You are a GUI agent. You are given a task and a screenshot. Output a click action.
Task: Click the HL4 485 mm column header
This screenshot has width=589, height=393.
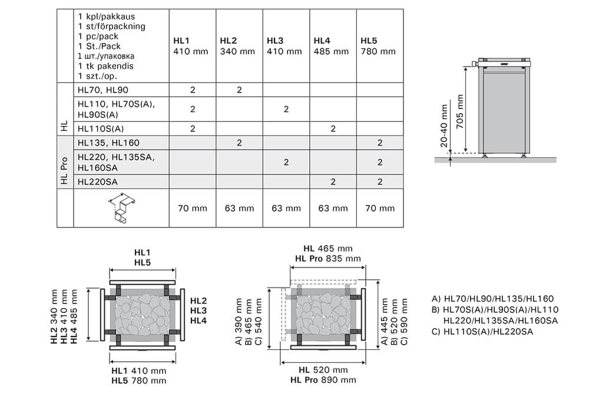point(330,46)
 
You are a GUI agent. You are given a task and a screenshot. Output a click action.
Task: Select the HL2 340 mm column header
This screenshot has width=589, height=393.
point(237,46)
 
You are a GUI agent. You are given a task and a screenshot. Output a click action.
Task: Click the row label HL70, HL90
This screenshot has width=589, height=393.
point(102,90)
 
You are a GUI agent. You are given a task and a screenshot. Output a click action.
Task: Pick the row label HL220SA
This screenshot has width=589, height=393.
point(98,181)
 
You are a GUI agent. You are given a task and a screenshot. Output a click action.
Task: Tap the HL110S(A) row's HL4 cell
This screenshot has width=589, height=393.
point(333,128)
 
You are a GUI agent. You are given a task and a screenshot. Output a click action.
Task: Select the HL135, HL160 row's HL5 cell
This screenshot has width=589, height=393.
point(380,143)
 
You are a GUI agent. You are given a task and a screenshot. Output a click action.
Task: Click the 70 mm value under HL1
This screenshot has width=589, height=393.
point(192,208)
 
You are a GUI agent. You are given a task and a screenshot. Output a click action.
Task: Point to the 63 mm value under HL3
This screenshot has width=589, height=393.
point(286,208)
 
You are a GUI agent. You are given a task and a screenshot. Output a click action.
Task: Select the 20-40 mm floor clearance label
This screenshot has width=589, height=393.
point(443,126)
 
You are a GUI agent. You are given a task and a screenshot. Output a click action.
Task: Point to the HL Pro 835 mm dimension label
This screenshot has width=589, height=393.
point(327,259)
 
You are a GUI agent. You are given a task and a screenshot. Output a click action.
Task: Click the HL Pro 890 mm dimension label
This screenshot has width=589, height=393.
point(327,380)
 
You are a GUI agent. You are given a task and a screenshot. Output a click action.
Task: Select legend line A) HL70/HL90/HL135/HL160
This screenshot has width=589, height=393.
point(492,299)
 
